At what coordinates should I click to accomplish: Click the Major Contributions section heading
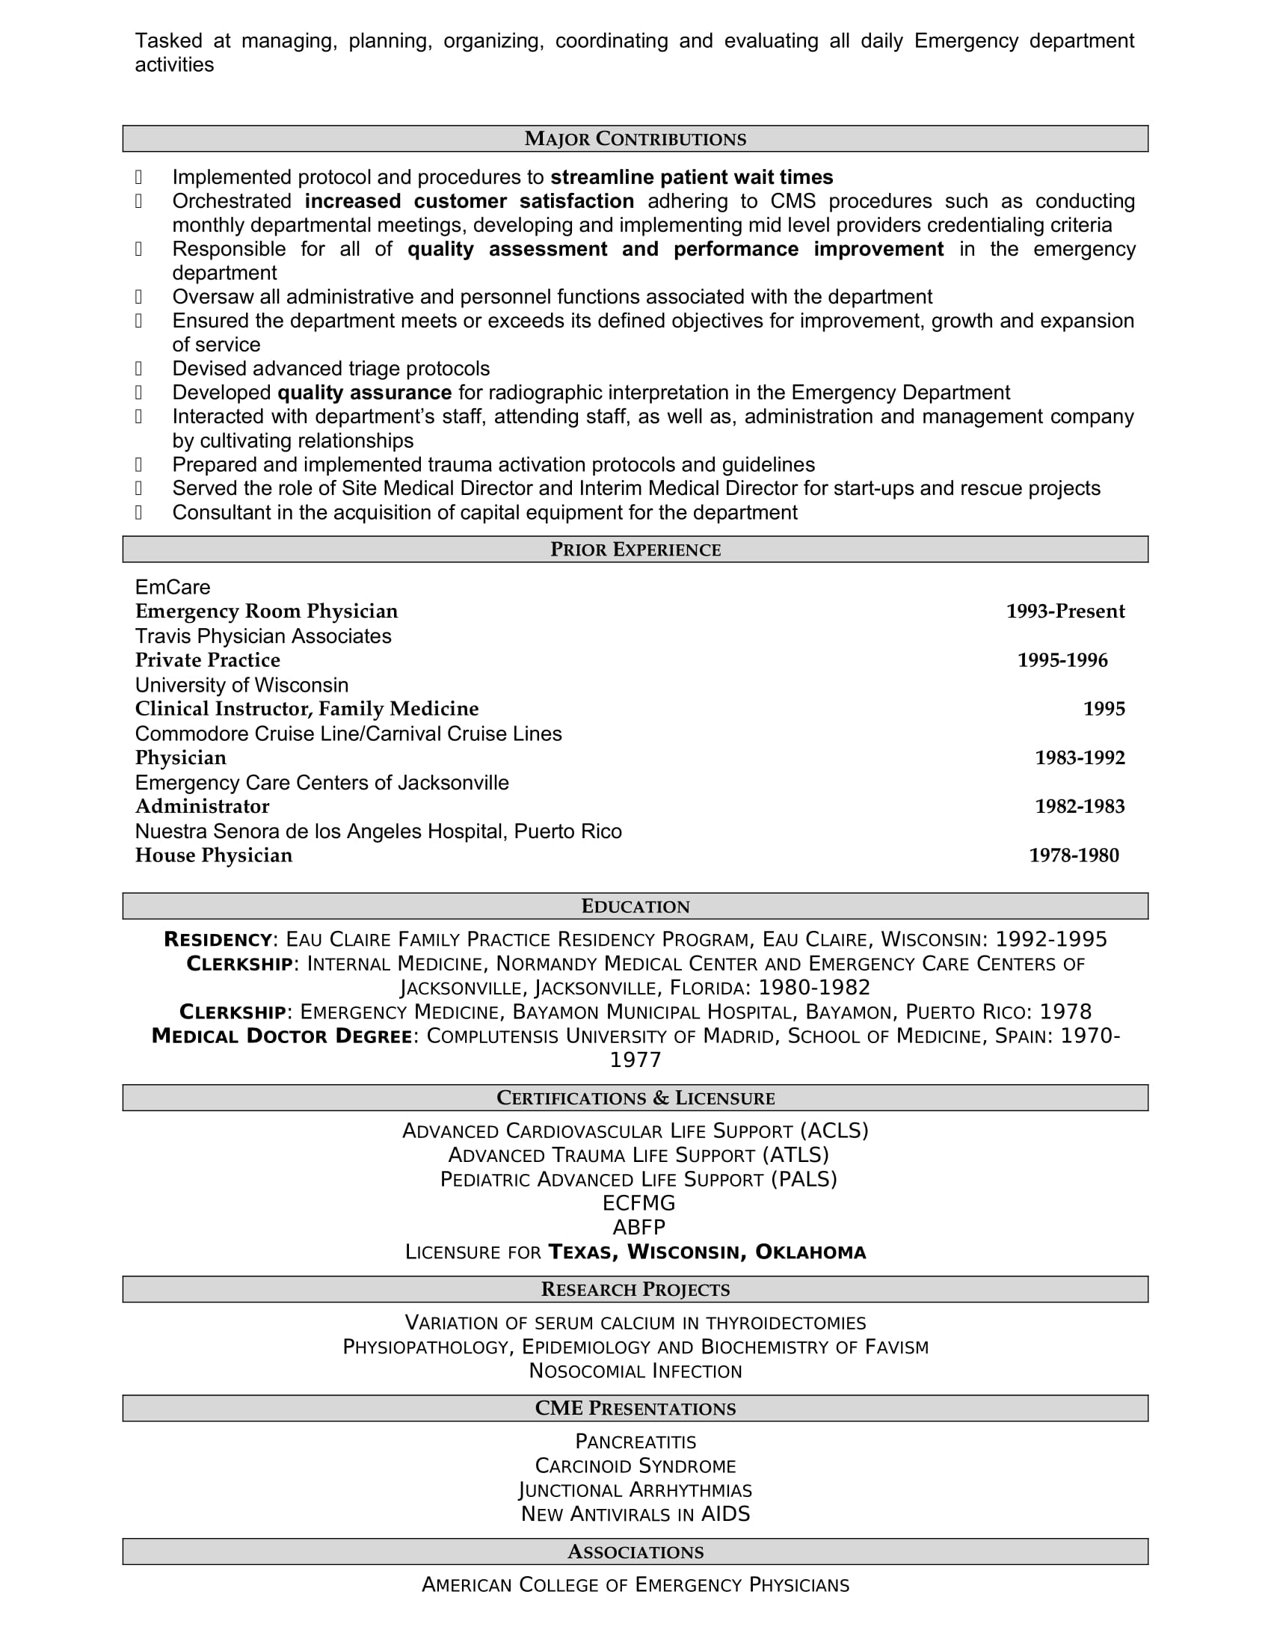[x=635, y=139]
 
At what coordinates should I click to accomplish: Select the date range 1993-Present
[x=1065, y=611]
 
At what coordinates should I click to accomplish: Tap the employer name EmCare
[x=173, y=587]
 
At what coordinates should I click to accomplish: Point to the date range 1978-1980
[x=1074, y=855]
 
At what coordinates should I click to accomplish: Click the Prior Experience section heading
[x=635, y=550]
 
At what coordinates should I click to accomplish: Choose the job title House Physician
[x=214, y=855]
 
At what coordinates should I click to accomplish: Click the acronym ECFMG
[x=638, y=1203]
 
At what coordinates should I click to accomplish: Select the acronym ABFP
[x=638, y=1228]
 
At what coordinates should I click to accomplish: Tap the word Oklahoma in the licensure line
[x=810, y=1252]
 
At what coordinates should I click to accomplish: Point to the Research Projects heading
[x=635, y=1290]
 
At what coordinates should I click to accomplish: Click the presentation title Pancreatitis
[x=635, y=1442]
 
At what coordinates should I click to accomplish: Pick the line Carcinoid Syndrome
[x=635, y=1466]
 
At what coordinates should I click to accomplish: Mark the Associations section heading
[x=635, y=1552]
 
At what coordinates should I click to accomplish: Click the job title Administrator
[x=202, y=806]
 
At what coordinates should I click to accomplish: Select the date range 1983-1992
[x=1079, y=757]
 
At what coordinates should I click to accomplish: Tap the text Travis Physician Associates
[x=262, y=636]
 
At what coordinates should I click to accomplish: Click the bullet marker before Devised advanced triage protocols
[x=138, y=369]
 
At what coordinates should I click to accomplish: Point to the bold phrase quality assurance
[x=364, y=393]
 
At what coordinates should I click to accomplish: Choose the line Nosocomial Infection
[x=635, y=1371]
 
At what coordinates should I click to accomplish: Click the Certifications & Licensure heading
[x=635, y=1098]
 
